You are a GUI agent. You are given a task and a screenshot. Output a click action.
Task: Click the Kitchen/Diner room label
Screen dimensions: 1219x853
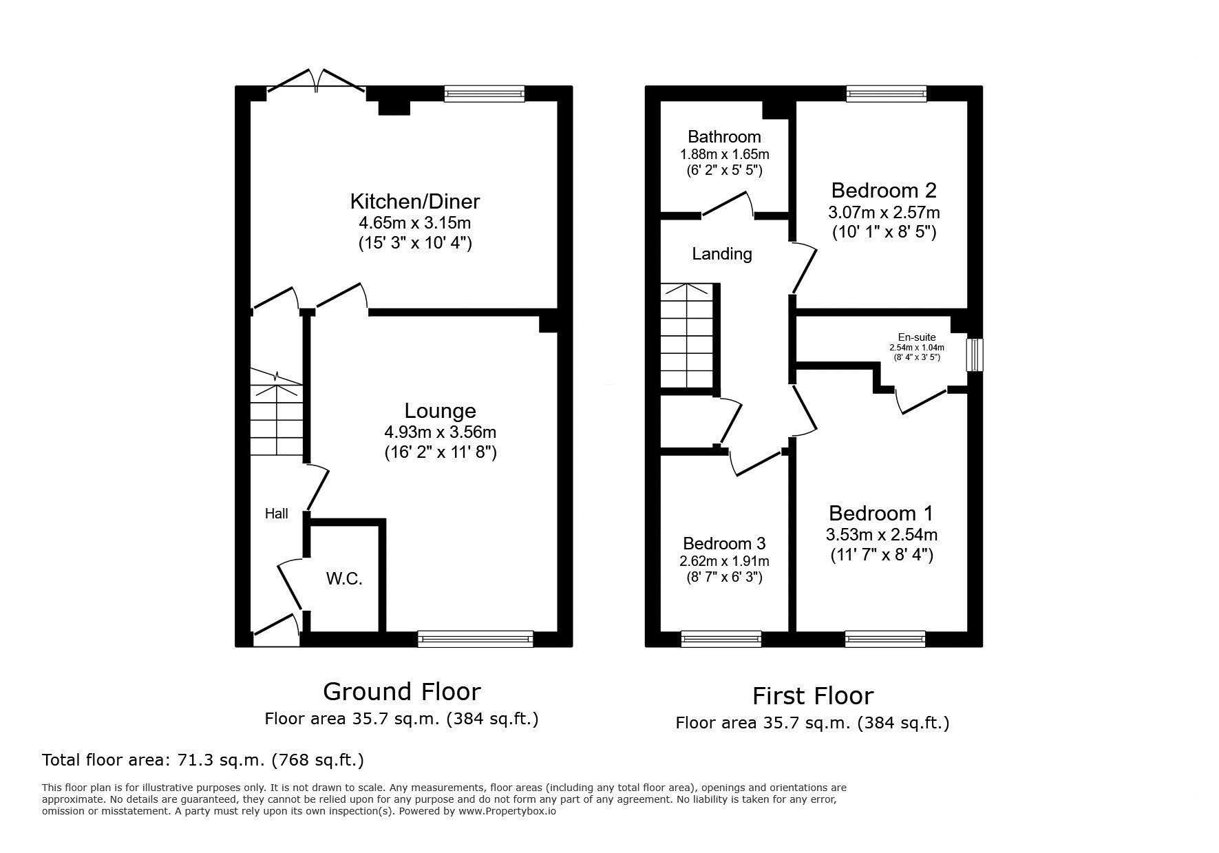click(414, 202)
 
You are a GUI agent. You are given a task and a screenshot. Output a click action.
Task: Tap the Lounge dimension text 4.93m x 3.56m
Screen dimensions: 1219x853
click(440, 432)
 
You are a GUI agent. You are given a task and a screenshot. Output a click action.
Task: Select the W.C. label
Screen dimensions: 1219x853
click(344, 579)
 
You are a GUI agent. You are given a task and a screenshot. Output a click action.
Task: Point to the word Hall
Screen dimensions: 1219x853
click(277, 514)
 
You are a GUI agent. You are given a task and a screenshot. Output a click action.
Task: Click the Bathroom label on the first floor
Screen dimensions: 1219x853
click(724, 137)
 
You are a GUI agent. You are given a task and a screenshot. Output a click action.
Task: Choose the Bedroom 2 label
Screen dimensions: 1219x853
click(884, 190)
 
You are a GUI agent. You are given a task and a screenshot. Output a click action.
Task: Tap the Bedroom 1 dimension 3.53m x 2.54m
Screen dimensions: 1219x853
click(882, 534)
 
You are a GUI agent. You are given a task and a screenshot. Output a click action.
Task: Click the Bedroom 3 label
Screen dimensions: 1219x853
click(724, 544)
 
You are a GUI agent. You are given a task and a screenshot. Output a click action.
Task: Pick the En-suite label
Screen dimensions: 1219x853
click(917, 337)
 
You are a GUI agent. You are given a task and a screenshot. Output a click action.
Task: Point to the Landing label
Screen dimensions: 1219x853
click(722, 254)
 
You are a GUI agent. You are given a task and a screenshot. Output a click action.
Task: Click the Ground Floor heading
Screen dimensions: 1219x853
click(402, 691)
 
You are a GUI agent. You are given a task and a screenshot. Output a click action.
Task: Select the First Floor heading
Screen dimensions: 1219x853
click(812, 696)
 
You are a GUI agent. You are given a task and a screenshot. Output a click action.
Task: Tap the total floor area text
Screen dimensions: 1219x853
click(203, 760)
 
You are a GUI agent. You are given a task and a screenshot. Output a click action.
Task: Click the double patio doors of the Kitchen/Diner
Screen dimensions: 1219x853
click(317, 80)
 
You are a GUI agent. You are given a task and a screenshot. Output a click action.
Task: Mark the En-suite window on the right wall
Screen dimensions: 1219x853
click(975, 355)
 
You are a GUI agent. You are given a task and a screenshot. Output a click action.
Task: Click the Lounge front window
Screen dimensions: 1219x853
click(476, 639)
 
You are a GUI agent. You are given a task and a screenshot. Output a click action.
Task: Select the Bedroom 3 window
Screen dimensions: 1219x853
click(721, 639)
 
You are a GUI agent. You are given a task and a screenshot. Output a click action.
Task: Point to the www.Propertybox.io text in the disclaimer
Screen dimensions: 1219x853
click(507, 811)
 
